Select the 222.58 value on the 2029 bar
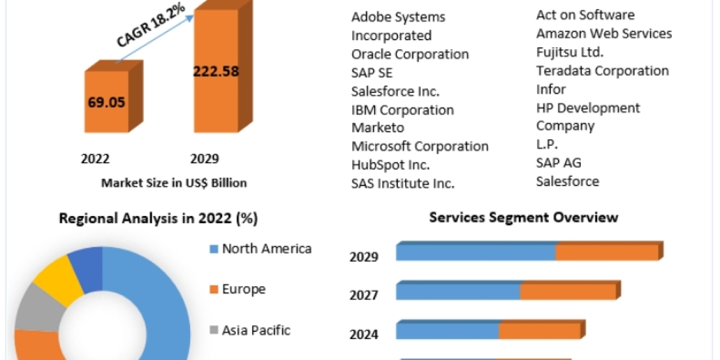point(215,71)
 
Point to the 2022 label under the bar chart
point(95,159)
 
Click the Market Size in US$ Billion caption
point(173,183)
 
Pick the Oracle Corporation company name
point(410,54)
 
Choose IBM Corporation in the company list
point(402,110)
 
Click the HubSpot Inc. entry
point(391,165)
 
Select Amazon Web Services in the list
point(604,34)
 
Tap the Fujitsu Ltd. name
point(569,52)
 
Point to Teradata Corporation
point(602,71)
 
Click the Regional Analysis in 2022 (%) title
point(158,219)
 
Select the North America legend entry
point(266,248)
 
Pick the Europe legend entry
point(244,289)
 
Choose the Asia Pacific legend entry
point(256,330)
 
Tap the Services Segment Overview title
point(523,217)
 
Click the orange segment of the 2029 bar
point(607,253)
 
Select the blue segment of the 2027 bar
point(458,292)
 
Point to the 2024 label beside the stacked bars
point(364,334)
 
